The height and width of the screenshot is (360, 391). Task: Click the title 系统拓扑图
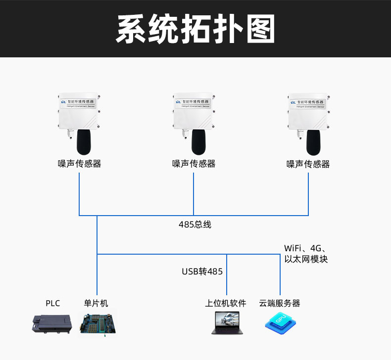195,29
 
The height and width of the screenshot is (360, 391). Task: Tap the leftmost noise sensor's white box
79,112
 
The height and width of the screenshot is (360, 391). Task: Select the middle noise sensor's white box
194,112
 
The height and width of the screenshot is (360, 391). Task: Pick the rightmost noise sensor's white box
308,112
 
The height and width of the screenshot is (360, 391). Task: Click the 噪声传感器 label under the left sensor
79,164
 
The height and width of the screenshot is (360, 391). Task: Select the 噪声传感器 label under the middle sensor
194,164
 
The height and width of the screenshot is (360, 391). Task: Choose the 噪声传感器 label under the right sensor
308,164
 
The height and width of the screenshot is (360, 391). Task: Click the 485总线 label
195,225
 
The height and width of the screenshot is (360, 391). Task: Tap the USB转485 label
202,271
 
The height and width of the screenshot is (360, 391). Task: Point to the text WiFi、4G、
305,248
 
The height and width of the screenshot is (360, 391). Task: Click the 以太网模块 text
306,259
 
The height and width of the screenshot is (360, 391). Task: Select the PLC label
52,303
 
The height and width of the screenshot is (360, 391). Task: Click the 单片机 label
96,303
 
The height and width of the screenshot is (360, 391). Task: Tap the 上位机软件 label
226,303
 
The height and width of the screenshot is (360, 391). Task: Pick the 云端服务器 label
280,303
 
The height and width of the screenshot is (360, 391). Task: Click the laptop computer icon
225,322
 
